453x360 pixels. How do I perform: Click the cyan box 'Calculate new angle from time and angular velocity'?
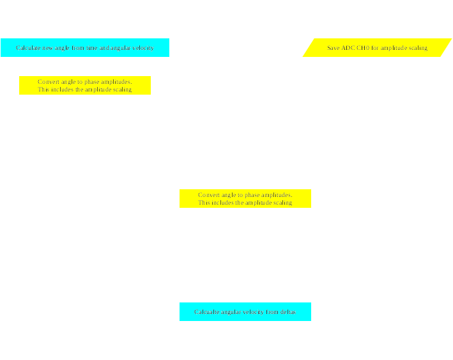(85, 47)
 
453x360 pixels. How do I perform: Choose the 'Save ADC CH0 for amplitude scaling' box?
(377, 47)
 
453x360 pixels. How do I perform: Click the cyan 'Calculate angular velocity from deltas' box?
(245, 311)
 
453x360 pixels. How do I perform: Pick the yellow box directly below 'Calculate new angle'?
(85, 85)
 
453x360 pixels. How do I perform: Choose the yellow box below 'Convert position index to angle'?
(245, 198)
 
